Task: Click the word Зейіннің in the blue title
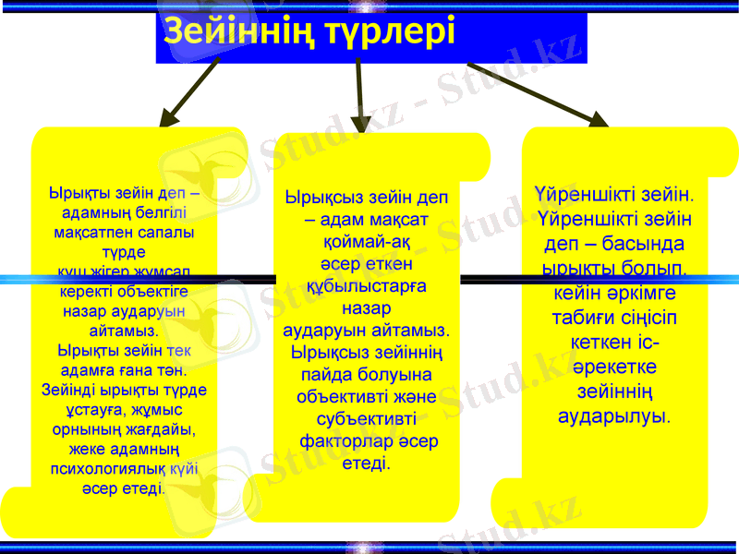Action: pyautogui.click(x=243, y=32)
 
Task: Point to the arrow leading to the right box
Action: pyautogui.click(x=537, y=93)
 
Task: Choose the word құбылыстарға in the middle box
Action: pyautogui.click(x=366, y=287)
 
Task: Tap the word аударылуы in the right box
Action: pyautogui.click(x=611, y=417)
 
